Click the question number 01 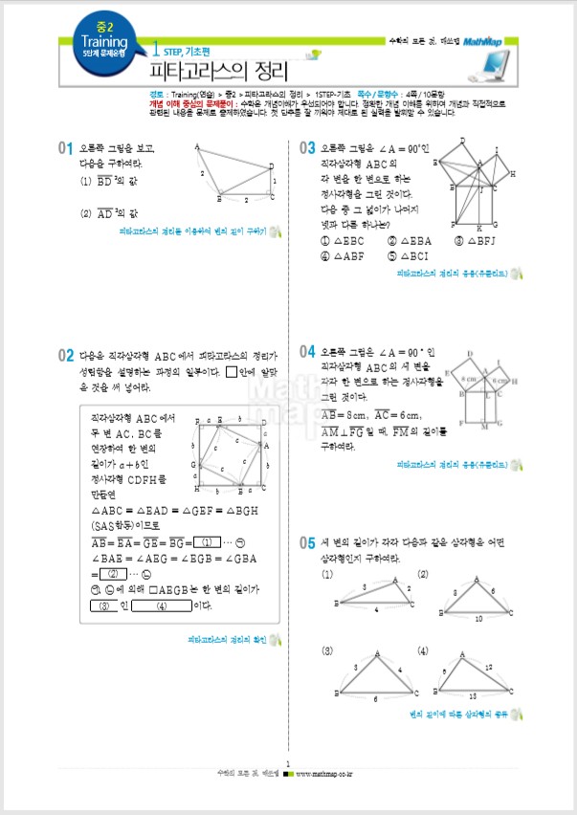point(66,148)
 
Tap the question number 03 point(307,148)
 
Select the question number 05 point(307,542)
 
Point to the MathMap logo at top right point(489,41)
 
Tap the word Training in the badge point(104,42)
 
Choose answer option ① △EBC point(344,241)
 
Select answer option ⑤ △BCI point(411,256)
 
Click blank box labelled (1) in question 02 point(200,541)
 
